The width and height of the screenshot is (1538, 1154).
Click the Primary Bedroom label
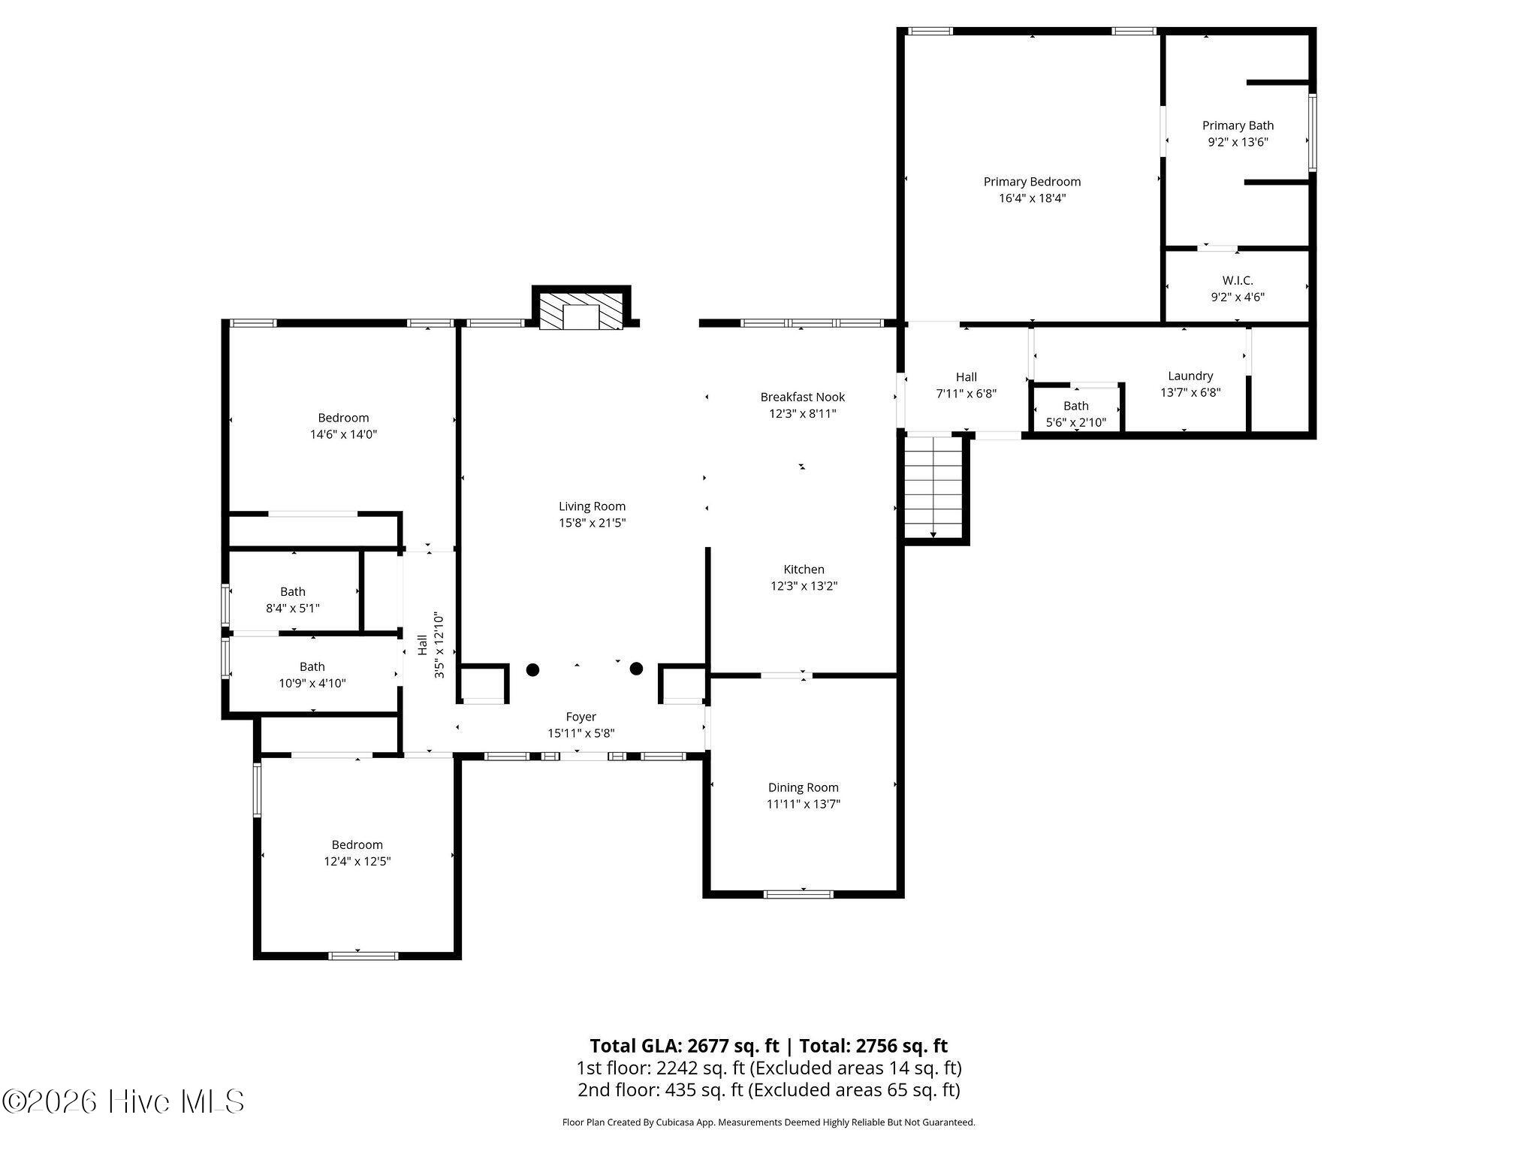pos(1032,182)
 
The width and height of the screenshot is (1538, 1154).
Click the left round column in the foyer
pos(532,669)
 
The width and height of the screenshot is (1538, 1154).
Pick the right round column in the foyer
pos(636,669)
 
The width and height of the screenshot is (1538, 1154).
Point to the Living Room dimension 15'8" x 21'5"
pos(592,523)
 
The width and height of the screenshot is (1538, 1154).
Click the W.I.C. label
pos(1238,280)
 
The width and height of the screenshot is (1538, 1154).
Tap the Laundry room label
pos(1190,376)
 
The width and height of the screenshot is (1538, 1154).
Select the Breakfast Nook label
pos(802,397)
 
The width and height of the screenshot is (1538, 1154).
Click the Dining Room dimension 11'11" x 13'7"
pos(803,804)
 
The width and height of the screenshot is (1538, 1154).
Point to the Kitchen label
pos(804,569)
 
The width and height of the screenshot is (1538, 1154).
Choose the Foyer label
pos(581,717)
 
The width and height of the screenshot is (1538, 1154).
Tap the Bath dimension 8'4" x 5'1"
pos(293,608)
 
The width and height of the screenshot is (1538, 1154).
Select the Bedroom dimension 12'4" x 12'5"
pos(357,861)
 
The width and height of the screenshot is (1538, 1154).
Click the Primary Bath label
pos(1238,125)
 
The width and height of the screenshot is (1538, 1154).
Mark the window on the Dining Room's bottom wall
pos(798,894)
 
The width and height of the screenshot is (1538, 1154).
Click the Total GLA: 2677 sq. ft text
pos(685,1046)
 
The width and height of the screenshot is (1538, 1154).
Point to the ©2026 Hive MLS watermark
pos(124,1101)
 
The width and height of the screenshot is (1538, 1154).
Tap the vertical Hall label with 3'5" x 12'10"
pos(430,645)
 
